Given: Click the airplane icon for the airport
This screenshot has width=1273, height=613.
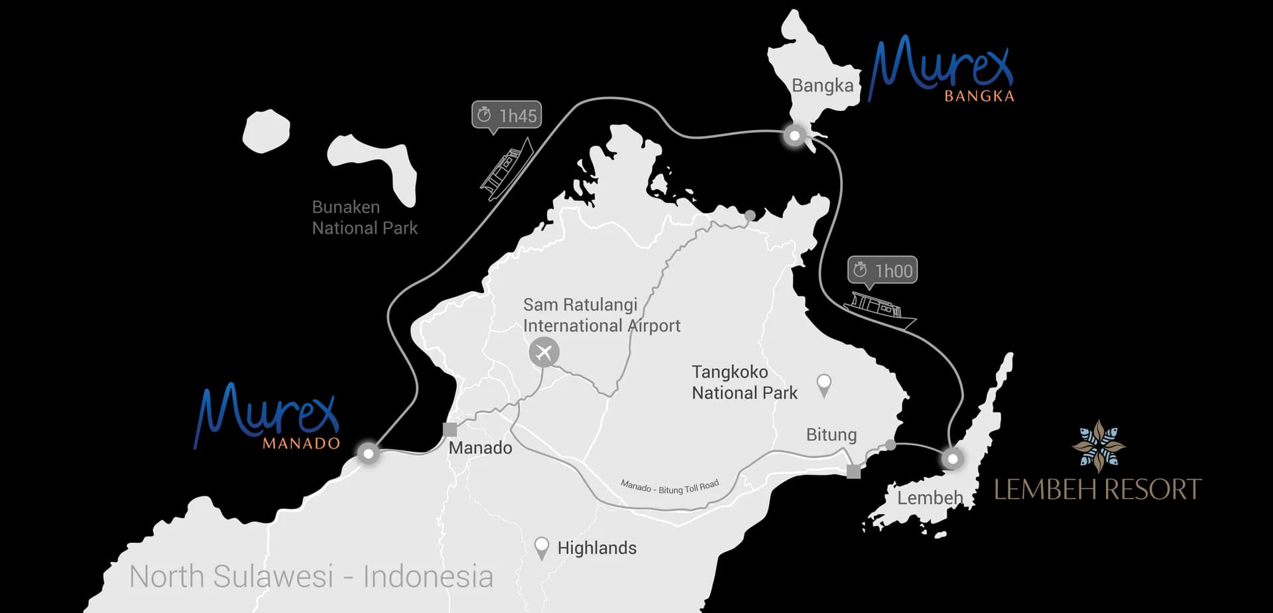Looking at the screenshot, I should pyautogui.click(x=544, y=352).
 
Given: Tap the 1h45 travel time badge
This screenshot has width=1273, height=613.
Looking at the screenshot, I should pyautogui.click(x=507, y=115).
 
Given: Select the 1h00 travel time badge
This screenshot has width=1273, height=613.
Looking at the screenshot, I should pyautogui.click(x=882, y=271).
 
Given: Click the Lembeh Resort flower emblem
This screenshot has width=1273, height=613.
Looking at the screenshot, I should pyautogui.click(x=1099, y=445).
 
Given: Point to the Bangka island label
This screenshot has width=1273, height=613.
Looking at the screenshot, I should pyautogui.click(x=822, y=86).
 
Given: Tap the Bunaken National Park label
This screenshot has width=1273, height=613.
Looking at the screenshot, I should pyautogui.click(x=365, y=218).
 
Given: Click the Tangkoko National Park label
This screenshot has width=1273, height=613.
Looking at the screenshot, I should pyautogui.click(x=745, y=382).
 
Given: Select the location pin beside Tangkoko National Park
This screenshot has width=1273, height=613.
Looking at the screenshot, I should pyautogui.click(x=824, y=384).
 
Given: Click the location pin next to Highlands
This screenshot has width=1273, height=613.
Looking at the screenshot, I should pyautogui.click(x=542, y=547).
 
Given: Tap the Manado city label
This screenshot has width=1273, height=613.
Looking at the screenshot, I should pyautogui.click(x=480, y=448).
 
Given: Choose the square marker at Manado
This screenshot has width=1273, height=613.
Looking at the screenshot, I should pyautogui.click(x=450, y=429).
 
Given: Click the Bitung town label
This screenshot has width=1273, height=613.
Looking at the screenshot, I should pyautogui.click(x=831, y=435).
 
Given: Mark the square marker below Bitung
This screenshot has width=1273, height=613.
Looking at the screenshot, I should pyautogui.click(x=854, y=472).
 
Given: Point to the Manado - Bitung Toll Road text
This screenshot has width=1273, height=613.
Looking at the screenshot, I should pyautogui.click(x=670, y=487).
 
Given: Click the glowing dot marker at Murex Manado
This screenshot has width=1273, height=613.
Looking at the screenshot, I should pyautogui.click(x=368, y=453).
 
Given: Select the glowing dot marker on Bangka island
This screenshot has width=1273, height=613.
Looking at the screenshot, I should pyautogui.click(x=794, y=136).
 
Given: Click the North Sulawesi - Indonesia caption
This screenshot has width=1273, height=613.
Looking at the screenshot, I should pyautogui.click(x=311, y=577).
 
